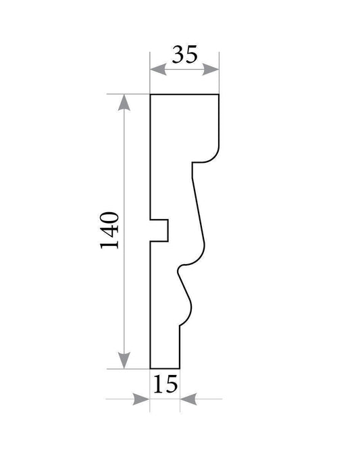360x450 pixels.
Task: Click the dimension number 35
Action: tap(185, 54)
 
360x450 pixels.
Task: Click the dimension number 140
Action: tap(109, 230)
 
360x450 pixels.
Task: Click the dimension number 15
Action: tap(165, 384)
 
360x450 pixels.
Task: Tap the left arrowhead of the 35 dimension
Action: tap(158, 70)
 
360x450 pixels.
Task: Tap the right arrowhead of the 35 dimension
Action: tap(211, 70)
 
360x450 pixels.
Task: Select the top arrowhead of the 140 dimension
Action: tap(124, 103)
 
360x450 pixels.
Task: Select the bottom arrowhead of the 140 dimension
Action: tap(124, 360)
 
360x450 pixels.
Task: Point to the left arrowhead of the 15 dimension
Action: tap(141, 399)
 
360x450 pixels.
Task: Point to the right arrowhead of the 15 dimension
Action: tap(188, 399)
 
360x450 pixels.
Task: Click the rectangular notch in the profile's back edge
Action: tap(159, 230)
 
